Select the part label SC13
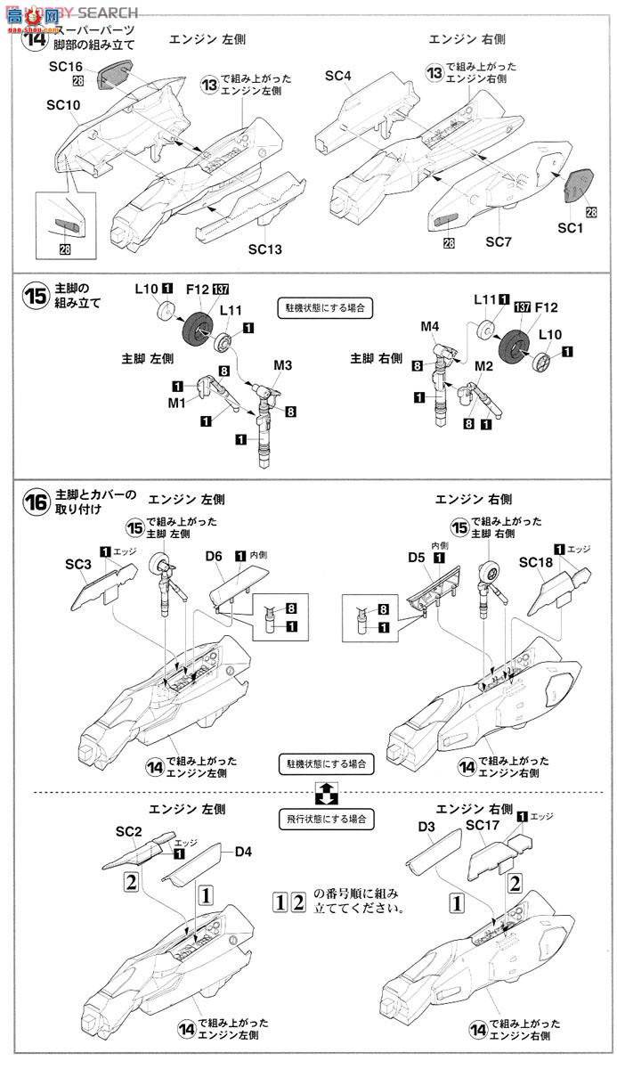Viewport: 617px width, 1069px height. coord(265,247)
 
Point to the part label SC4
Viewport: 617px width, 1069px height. coord(338,77)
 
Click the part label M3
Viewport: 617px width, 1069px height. coord(283,365)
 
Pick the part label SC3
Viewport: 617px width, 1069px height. coord(78,564)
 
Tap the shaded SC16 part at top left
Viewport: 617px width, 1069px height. coord(116,75)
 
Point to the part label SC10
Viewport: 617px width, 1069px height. coord(64,105)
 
